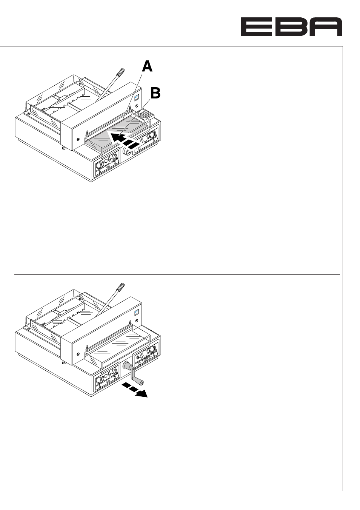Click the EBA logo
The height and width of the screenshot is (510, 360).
(291, 27)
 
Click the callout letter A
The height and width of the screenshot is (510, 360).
(147, 67)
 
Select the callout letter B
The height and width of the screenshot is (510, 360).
(155, 93)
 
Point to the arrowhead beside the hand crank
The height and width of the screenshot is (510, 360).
(142, 394)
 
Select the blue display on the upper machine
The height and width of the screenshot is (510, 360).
(137, 98)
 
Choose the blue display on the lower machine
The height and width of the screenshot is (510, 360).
(137, 313)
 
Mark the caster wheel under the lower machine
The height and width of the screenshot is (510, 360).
(63, 363)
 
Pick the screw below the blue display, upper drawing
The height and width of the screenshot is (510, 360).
(137, 106)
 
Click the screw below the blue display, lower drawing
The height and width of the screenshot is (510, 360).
(137, 320)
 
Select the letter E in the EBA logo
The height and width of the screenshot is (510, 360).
(257, 27)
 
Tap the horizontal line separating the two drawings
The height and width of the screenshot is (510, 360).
(177, 275)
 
